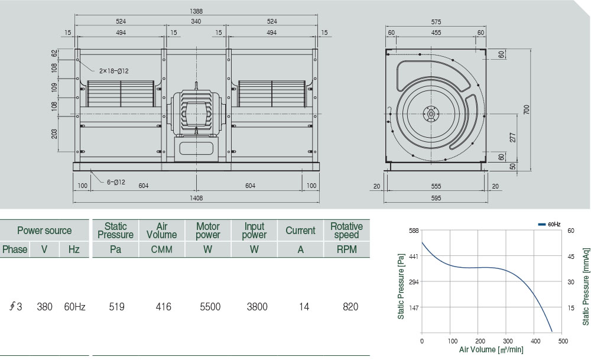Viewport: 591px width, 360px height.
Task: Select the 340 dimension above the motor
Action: pos(196,21)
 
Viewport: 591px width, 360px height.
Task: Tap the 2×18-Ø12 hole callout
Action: pos(114,71)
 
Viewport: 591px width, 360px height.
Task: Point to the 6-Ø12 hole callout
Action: pos(116,182)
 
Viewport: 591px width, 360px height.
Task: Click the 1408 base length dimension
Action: pos(196,198)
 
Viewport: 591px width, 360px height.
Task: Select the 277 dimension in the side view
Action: pos(512,137)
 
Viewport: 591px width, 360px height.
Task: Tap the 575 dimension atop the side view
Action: pos(436,22)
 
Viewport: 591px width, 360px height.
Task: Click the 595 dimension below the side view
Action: pos(436,198)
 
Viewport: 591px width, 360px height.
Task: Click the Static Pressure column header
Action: pos(116,231)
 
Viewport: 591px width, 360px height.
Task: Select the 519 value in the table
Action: pos(116,307)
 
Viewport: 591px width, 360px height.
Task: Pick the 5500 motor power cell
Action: pos(208,307)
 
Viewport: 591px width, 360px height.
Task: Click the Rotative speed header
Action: pos(346,231)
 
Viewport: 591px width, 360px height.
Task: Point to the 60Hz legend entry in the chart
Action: pos(550,225)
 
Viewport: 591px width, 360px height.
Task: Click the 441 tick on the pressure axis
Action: pos(414,256)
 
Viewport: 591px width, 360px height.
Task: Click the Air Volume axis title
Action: pos(491,350)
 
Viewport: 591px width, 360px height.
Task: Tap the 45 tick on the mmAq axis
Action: pos(571,256)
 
